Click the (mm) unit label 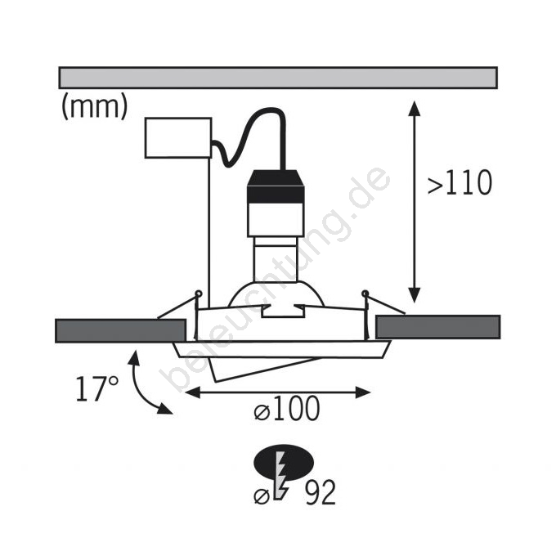tap(94, 107)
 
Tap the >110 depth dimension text tap(460, 182)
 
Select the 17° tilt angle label tap(97, 388)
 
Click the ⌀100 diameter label tap(287, 409)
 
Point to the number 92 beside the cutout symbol tap(321, 492)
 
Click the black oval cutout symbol tap(284, 463)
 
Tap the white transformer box tap(178, 137)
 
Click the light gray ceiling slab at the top tap(278, 78)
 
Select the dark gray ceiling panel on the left tap(120, 331)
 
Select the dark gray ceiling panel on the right tap(438, 327)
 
